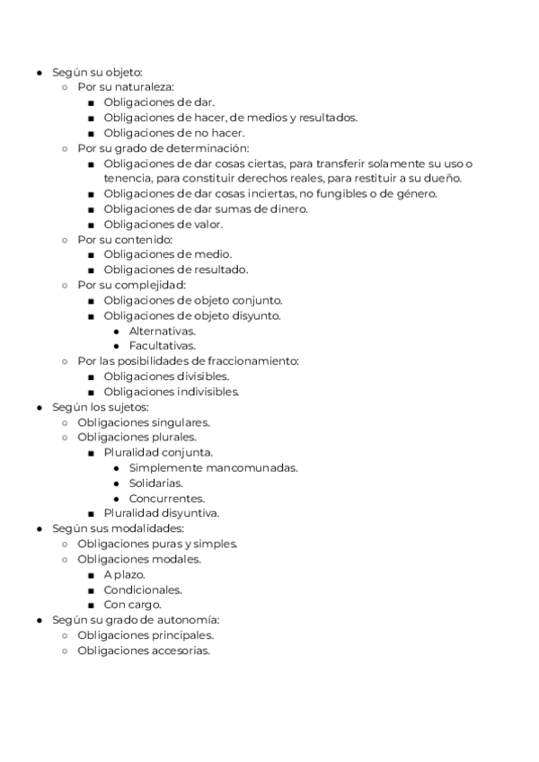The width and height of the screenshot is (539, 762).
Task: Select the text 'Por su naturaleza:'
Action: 126,87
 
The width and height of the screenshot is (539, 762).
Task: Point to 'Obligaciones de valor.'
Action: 163,224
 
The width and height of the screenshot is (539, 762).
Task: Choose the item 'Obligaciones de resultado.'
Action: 175,270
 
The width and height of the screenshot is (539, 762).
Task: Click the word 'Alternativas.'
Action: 163,331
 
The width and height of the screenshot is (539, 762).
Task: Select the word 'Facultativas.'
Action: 163,346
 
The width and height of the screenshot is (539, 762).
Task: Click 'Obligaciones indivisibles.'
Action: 170,392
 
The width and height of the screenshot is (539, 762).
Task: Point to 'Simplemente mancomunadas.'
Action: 214,467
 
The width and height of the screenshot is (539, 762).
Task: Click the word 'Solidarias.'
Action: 156,483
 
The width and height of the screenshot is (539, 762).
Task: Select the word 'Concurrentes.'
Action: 167,498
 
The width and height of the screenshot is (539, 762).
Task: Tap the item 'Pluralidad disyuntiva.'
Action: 162,513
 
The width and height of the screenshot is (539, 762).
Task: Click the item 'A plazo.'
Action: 124,574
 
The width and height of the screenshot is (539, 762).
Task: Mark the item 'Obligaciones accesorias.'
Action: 144,651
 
